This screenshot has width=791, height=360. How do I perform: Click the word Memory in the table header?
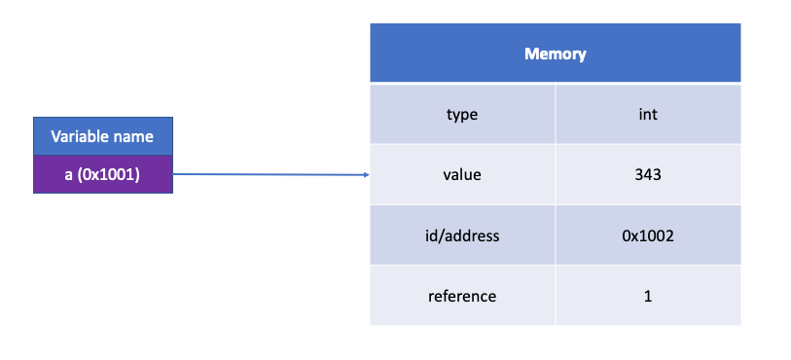tap(555, 54)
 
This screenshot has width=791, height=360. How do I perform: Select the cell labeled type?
tap(462, 115)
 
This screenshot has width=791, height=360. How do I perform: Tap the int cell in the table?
tap(648, 115)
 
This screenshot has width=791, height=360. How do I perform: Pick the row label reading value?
tap(462, 175)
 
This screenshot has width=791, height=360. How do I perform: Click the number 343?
tap(648, 175)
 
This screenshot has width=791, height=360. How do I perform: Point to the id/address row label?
tap(462, 235)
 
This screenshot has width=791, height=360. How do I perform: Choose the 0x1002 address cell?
tap(648, 235)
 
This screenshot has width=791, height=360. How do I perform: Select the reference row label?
tap(462, 296)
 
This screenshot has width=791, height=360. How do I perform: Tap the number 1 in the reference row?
tap(648, 296)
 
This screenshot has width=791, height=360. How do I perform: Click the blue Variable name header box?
tap(102, 136)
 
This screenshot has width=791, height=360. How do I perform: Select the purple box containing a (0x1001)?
tap(102, 174)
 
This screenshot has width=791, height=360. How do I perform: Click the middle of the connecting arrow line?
tap(270, 175)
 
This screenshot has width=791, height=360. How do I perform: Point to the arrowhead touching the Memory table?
tap(366, 175)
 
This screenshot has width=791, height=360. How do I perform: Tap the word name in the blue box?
tap(135, 136)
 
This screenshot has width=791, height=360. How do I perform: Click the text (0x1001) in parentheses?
tap(109, 174)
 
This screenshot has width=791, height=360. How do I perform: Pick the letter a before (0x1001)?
tap(69, 175)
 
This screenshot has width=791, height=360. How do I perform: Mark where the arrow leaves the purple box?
tap(174, 175)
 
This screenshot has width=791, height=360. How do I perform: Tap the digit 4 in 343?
tap(648, 175)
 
